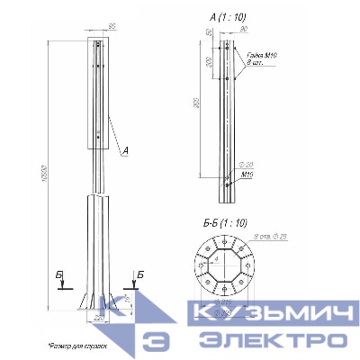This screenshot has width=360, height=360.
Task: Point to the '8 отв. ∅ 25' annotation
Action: [x=276, y=235]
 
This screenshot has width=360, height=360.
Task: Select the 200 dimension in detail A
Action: [x=209, y=64]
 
